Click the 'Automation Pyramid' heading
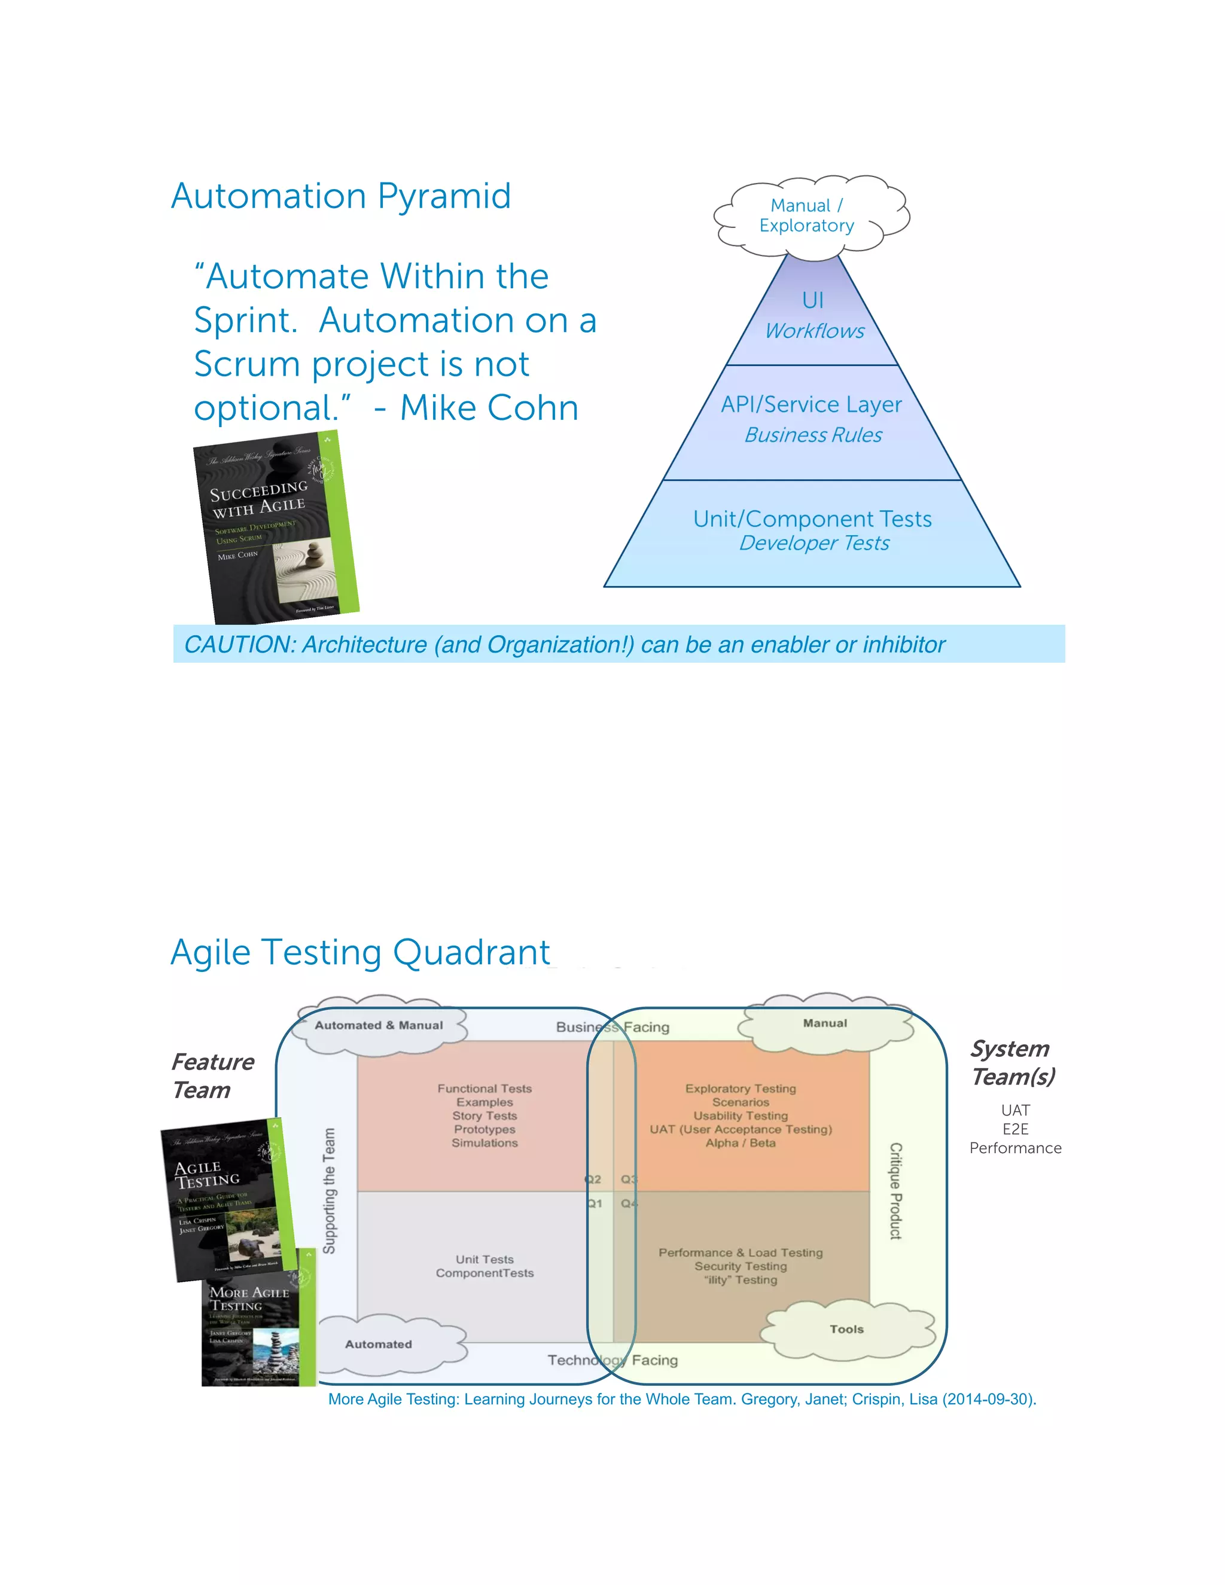tap(341, 196)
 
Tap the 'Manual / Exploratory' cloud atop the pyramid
tap(807, 215)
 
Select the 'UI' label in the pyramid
tap(813, 300)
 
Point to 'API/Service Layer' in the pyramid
tap(811, 404)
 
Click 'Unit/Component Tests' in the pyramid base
tap(812, 519)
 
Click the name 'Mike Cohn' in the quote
tap(489, 408)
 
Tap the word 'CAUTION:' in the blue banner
tap(239, 644)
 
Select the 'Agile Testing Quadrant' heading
tap(361, 952)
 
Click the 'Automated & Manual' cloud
tap(378, 1025)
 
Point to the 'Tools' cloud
tap(846, 1329)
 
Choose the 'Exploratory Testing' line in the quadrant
tap(741, 1089)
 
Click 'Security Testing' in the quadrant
tap(741, 1266)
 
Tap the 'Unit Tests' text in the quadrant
tap(484, 1259)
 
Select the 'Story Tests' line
tap(484, 1115)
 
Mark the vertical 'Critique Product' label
tap(895, 1190)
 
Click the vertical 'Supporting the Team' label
tap(330, 1190)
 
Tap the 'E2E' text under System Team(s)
tap(1014, 1129)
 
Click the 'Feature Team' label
tap(212, 1075)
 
